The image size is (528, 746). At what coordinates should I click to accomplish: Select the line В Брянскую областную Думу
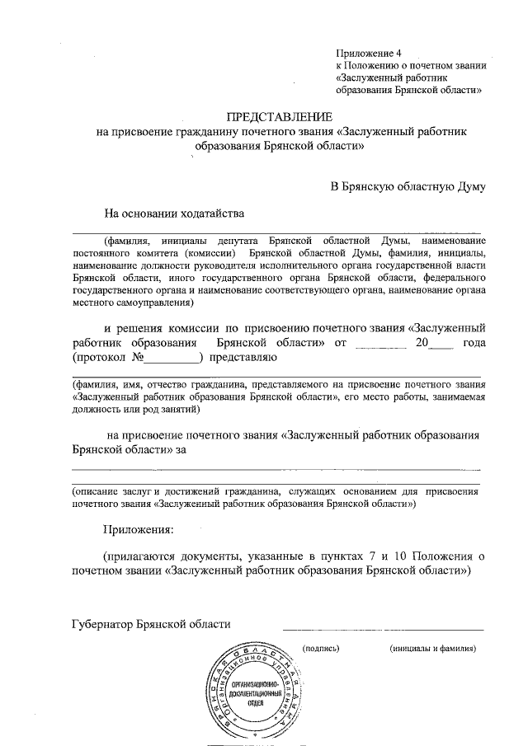pyautogui.click(x=408, y=186)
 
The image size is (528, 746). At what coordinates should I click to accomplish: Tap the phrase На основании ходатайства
pyautogui.click(x=174, y=214)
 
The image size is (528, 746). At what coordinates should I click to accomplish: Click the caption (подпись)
pyautogui.click(x=322, y=649)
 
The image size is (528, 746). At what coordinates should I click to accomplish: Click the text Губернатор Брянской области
pyautogui.click(x=152, y=624)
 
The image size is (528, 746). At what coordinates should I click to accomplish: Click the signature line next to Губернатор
pyautogui.click(x=384, y=631)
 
